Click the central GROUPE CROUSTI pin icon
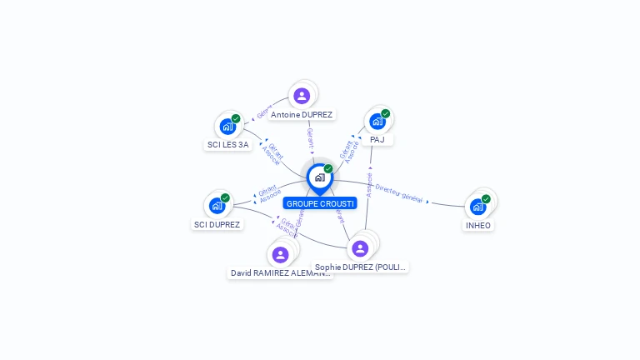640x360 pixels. (x=319, y=177)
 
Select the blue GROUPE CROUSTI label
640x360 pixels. (x=320, y=203)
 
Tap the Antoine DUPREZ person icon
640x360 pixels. (x=302, y=96)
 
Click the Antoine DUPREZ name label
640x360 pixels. (x=302, y=114)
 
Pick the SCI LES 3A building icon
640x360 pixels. (x=227, y=127)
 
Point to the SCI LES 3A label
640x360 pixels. (x=227, y=144)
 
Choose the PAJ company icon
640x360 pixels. (x=377, y=122)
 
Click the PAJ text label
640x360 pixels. (x=377, y=139)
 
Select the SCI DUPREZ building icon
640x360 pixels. (x=217, y=206)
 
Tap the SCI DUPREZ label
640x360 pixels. (x=217, y=224)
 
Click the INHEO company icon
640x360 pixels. (x=478, y=207)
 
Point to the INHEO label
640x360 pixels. (x=478, y=225)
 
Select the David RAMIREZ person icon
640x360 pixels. (x=280, y=254)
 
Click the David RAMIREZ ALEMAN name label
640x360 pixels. (x=281, y=272)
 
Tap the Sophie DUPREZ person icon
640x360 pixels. (x=360, y=248)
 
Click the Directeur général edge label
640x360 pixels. (x=399, y=193)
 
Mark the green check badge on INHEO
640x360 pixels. (x=486, y=199)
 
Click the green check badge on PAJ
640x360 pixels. (x=385, y=114)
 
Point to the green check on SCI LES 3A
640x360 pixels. (x=236, y=119)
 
